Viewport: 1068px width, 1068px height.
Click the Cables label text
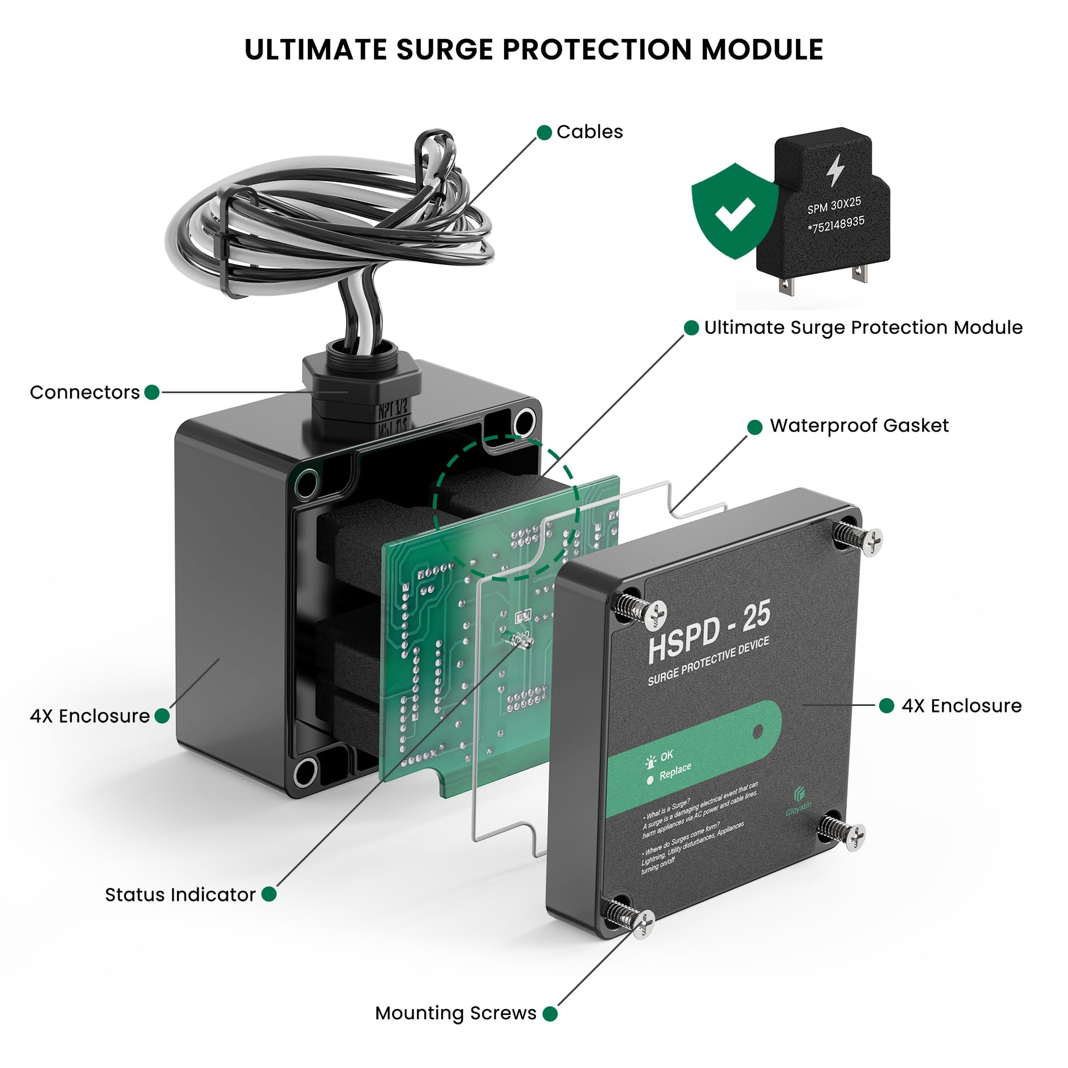[x=589, y=132]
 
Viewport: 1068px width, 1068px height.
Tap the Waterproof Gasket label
[x=859, y=425]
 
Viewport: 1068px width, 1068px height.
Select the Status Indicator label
[x=180, y=894]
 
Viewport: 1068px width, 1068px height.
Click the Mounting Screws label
[x=455, y=1013]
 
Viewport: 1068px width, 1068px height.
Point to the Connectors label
[x=84, y=392]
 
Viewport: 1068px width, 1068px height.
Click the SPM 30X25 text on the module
[x=834, y=205]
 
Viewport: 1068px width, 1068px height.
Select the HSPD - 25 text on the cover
[x=709, y=631]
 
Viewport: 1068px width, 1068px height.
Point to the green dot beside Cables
[x=544, y=132]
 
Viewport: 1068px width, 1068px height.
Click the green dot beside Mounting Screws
[x=550, y=1014]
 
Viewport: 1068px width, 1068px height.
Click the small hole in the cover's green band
[x=758, y=732]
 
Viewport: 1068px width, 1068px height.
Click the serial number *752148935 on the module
[x=836, y=224]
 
